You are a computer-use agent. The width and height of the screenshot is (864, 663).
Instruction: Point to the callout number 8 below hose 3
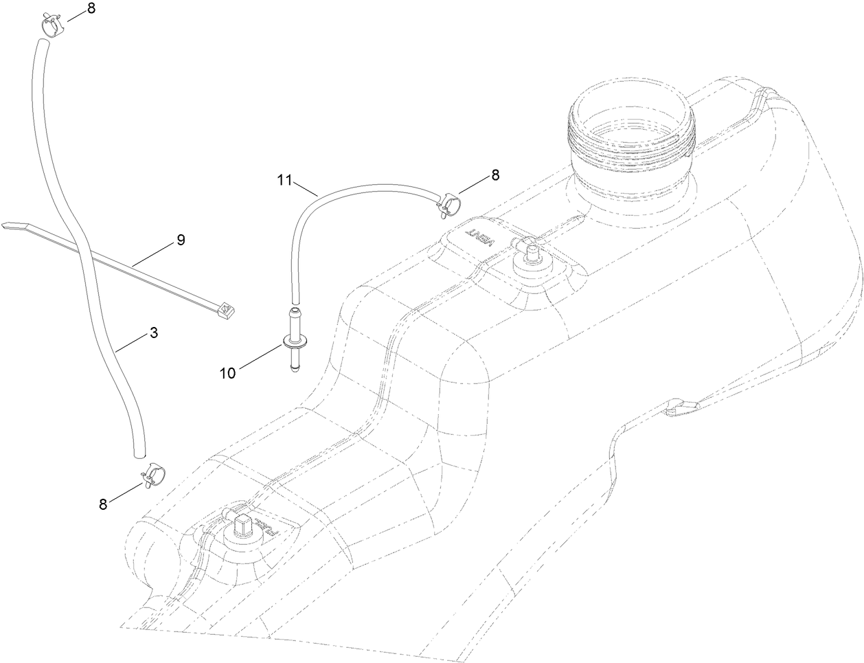[x=103, y=504]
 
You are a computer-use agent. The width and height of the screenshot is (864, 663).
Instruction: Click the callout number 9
[x=181, y=240]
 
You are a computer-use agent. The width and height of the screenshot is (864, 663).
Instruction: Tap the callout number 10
[x=227, y=372]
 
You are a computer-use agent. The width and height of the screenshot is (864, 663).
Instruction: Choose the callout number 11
[x=285, y=180]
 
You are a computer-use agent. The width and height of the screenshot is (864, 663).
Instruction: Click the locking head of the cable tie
[x=225, y=313]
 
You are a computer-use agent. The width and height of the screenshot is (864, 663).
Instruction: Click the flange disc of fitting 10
[x=293, y=341]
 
